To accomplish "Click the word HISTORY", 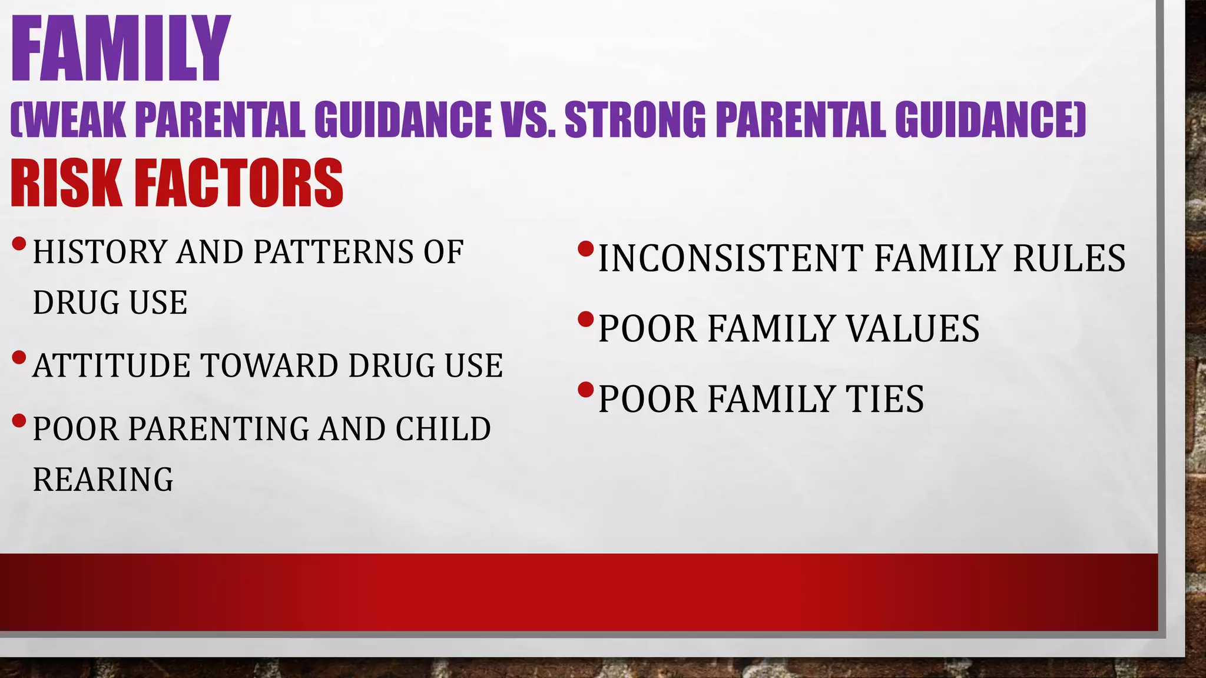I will pyautogui.click(x=100, y=252).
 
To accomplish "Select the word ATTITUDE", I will pyautogui.click(x=111, y=365).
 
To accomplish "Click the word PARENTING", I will pyautogui.click(x=218, y=428).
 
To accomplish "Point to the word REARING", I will pyautogui.click(x=103, y=479).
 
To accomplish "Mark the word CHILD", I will pyautogui.click(x=443, y=428).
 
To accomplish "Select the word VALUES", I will pyautogui.click(x=913, y=328).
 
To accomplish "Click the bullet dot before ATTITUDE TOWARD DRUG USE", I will pyautogui.click(x=19, y=357).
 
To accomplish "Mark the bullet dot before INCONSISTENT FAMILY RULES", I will pyautogui.click(x=585, y=249).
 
